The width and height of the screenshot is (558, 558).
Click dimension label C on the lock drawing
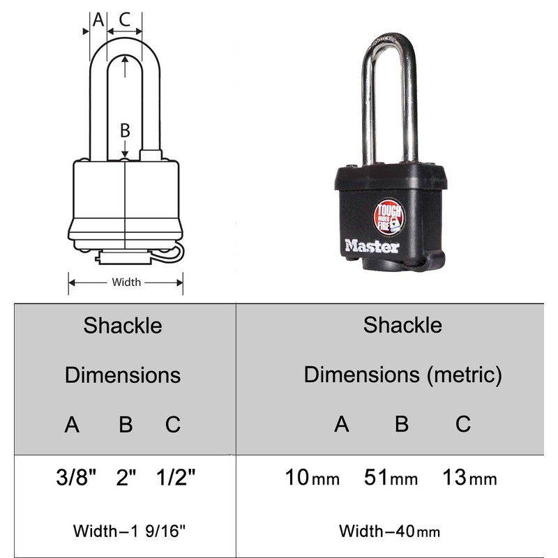pyautogui.click(x=125, y=19)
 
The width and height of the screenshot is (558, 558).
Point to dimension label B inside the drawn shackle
pyautogui.click(x=125, y=130)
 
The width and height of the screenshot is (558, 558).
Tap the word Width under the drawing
pyautogui.click(x=126, y=282)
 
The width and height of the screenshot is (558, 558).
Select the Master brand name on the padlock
pyautogui.click(x=372, y=246)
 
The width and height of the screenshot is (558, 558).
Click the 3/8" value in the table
pyautogui.click(x=75, y=478)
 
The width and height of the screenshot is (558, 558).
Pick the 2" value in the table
pyautogui.click(x=126, y=478)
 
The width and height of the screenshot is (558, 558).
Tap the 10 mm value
pyautogui.click(x=312, y=478)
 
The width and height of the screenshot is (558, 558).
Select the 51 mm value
pyautogui.click(x=391, y=478)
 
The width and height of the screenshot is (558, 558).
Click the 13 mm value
pyautogui.click(x=469, y=478)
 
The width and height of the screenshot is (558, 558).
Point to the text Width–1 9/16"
pyautogui.click(x=130, y=530)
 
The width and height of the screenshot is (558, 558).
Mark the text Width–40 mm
pyautogui.click(x=390, y=530)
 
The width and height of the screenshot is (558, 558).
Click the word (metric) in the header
pyautogui.click(x=465, y=375)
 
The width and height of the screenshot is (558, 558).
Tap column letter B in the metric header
pyautogui.click(x=401, y=423)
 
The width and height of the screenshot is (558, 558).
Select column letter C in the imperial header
pyautogui.click(x=173, y=424)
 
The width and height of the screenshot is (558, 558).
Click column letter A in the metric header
pyautogui.click(x=341, y=423)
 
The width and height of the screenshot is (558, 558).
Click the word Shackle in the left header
pyautogui.click(x=123, y=325)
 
